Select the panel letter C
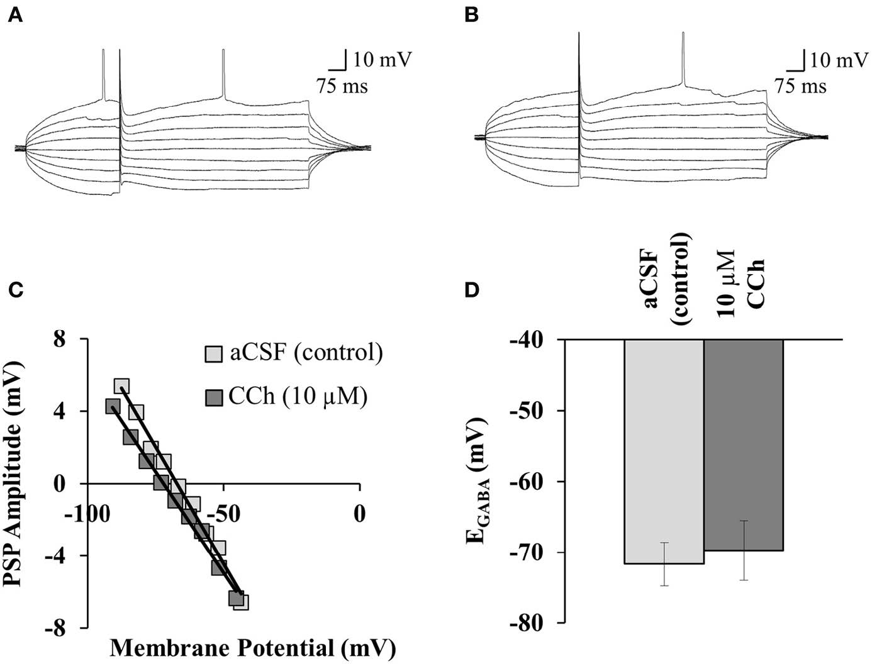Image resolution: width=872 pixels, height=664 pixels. pyautogui.click(x=15, y=290)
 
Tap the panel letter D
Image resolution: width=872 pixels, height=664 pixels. pyautogui.click(x=472, y=290)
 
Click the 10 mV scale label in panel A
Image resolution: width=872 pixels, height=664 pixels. pyautogui.click(x=382, y=60)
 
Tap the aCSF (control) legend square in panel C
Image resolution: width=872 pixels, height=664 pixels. pyautogui.click(x=214, y=354)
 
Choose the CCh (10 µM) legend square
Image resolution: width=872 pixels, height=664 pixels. pyautogui.click(x=214, y=397)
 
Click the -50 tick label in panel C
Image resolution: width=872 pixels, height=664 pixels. pyautogui.click(x=221, y=514)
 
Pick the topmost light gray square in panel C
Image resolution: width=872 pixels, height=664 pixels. pyautogui.click(x=122, y=385)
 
